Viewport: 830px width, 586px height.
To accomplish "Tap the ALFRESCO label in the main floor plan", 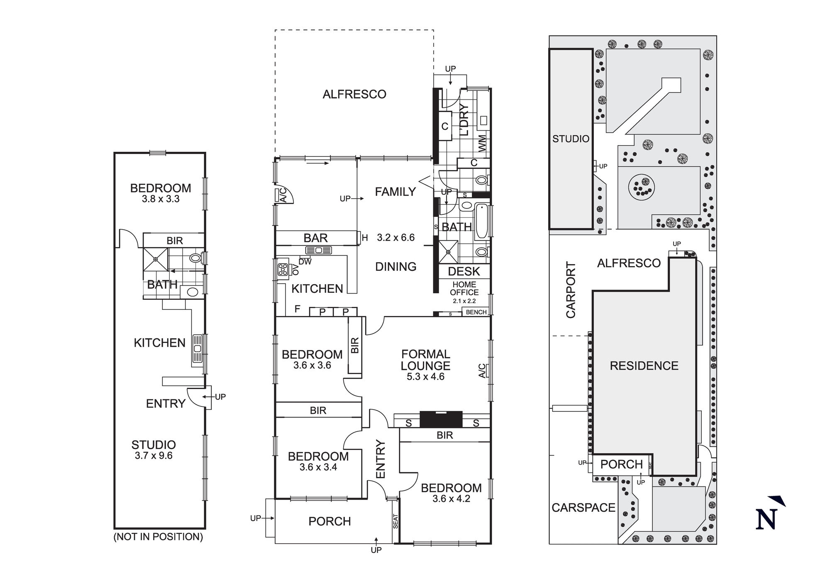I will click(x=354, y=95).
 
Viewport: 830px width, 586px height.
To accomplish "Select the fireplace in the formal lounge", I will click(x=441, y=419).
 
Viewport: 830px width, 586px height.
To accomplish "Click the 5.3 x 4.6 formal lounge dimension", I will click(x=425, y=377).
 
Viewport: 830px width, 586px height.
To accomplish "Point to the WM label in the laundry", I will click(x=482, y=143).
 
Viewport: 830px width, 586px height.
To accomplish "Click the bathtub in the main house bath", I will click(x=481, y=221).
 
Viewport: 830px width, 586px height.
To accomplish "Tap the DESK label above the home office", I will click(x=464, y=272).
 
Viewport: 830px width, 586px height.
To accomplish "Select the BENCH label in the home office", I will click(x=476, y=312).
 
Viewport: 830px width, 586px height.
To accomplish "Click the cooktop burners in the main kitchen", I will click(x=283, y=269).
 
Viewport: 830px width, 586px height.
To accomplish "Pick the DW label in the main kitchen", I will click(x=305, y=262).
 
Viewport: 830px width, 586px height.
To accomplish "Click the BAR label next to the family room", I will click(x=315, y=238).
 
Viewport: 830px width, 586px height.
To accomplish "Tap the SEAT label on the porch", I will click(x=395, y=521).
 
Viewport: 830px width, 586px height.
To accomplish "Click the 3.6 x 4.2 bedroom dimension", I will click(x=451, y=499).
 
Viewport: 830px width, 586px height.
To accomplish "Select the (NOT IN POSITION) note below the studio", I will click(x=158, y=537).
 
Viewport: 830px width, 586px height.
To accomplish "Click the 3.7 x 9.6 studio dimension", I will click(x=154, y=456).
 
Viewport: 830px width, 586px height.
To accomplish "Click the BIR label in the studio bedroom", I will click(x=174, y=241).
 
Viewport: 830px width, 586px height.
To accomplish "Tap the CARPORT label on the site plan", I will click(x=571, y=290).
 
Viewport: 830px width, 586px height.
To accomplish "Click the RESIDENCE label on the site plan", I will click(x=644, y=366).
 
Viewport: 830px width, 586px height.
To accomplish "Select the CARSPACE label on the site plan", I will click(x=583, y=508).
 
